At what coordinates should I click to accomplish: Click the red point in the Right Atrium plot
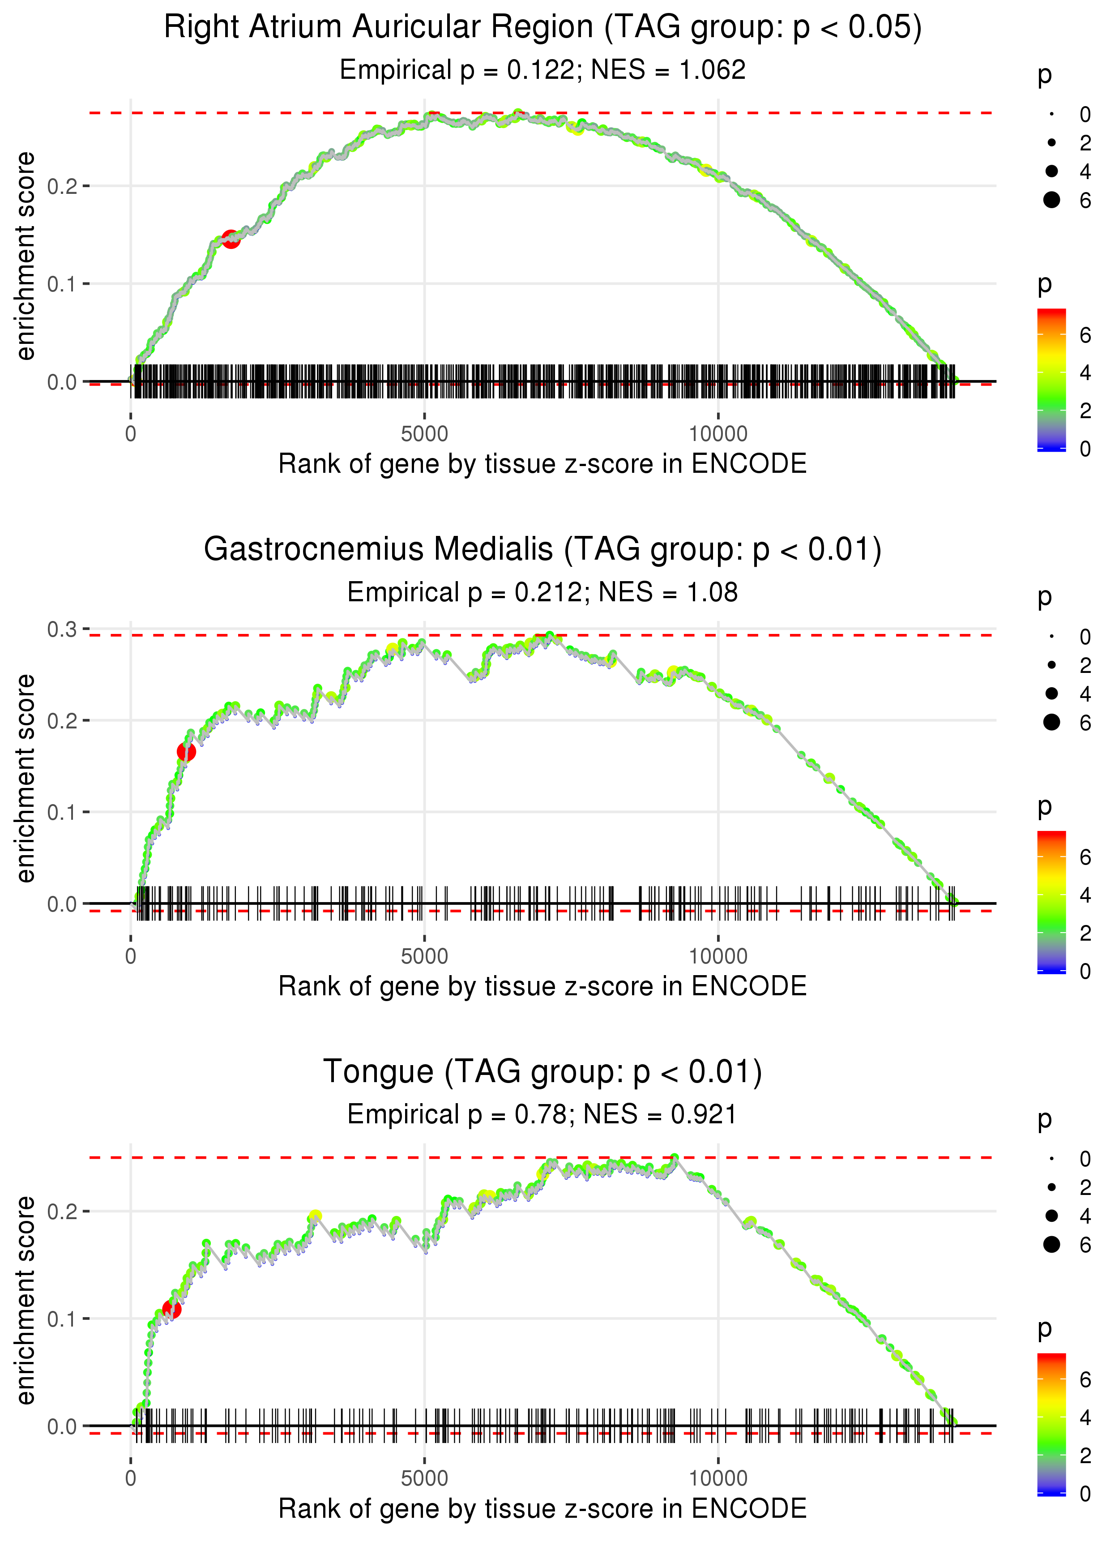pyautogui.click(x=231, y=239)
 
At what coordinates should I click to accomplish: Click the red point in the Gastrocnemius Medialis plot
pyautogui.click(x=186, y=752)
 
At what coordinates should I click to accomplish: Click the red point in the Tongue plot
pyautogui.click(x=171, y=1309)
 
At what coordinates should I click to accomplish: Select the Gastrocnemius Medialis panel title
pyautogui.click(x=542, y=550)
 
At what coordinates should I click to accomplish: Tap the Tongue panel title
pyautogui.click(x=542, y=1072)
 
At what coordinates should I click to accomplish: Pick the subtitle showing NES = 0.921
pyautogui.click(x=542, y=1115)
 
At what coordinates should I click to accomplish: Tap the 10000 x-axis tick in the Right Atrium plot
pyautogui.click(x=718, y=434)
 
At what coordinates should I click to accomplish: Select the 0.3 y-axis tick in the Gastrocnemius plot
pyautogui.click(x=62, y=629)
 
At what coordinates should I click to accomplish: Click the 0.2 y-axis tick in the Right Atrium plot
pyautogui.click(x=62, y=186)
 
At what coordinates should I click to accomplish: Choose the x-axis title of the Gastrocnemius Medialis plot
pyautogui.click(x=542, y=987)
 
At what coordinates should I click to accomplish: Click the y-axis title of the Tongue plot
pyautogui.click(x=26, y=1300)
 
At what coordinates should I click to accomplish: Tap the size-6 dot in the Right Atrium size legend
pyautogui.click(x=1051, y=200)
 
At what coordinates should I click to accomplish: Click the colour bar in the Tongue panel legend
pyautogui.click(x=1051, y=1423)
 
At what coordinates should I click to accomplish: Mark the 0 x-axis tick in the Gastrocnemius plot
pyautogui.click(x=131, y=956)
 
